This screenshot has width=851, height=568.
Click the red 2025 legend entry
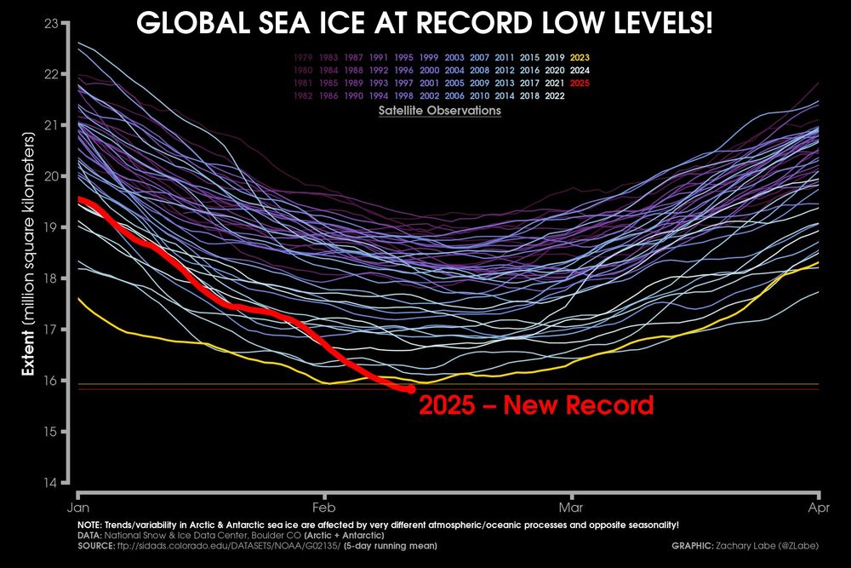[x=582, y=83]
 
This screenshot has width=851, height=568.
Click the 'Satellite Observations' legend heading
[x=440, y=111]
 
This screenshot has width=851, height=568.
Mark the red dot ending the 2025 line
[x=410, y=389]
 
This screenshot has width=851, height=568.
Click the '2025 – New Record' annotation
[x=536, y=404]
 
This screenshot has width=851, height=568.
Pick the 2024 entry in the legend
[x=582, y=70]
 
